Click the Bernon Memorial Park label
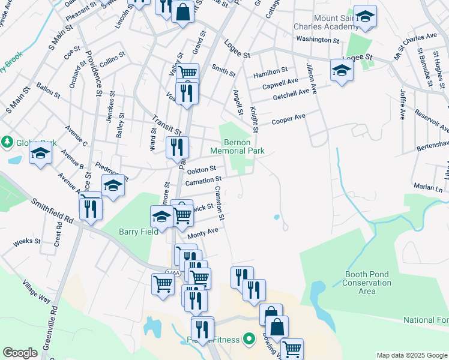pos(237,147)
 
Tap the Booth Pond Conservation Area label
pos(368,283)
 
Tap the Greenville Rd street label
pos(55,328)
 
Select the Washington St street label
pos(318,40)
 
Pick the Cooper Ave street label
pos(288,119)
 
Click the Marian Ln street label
pos(427,188)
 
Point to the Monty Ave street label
pos(203,233)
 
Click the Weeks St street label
pos(26,242)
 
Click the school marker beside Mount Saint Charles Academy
pos(364,17)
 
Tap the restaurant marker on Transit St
pos(177,146)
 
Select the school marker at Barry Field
pos(161,217)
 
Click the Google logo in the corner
pos(20,353)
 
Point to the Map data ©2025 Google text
pos(412,355)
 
